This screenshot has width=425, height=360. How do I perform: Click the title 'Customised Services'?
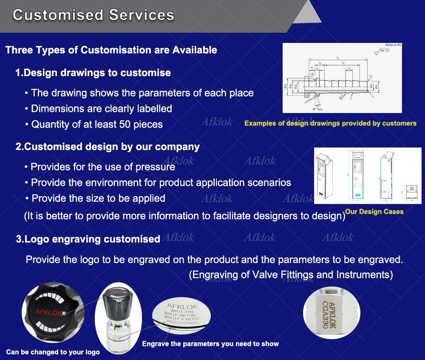pyautogui.click(x=93, y=15)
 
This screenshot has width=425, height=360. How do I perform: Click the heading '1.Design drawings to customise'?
pyautogui.click(x=93, y=73)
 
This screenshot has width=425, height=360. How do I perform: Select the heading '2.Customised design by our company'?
pyautogui.click(x=108, y=147)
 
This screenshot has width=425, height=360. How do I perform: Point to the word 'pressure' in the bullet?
pyautogui.click(x=155, y=167)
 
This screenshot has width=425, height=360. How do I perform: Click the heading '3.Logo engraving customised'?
pyautogui.click(x=88, y=239)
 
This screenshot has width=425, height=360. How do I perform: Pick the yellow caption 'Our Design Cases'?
pyautogui.click(x=374, y=211)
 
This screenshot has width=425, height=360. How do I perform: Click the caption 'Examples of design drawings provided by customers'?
pyautogui.click(x=330, y=123)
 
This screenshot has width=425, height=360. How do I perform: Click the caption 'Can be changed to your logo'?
pyautogui.click(x=53, y=352)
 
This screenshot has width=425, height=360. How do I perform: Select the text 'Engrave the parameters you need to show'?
pyautogui.click(x=210, y=343)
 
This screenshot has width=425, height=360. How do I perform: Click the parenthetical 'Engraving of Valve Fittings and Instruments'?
pyautogui.click(x=291, y=275)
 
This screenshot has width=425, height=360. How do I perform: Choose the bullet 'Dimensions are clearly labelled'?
pyautogui.click(x=101, y=109)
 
